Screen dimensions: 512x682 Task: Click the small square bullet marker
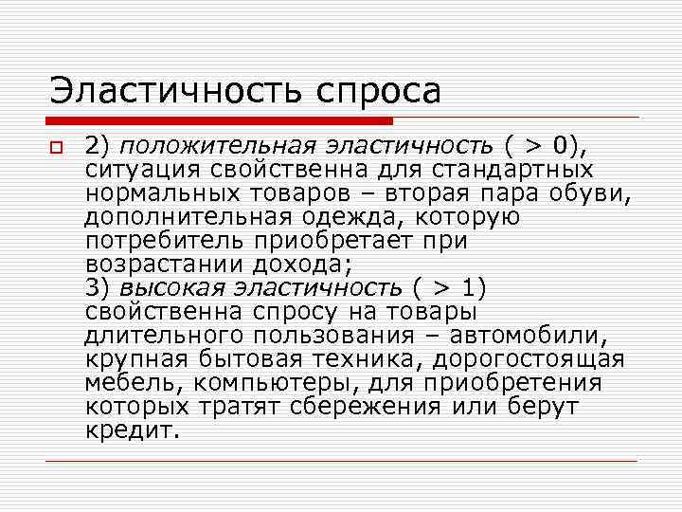[x=56, y=148]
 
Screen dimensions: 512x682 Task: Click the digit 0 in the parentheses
[x=564, y=146]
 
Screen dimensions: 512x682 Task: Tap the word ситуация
[x=139, y=170]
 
